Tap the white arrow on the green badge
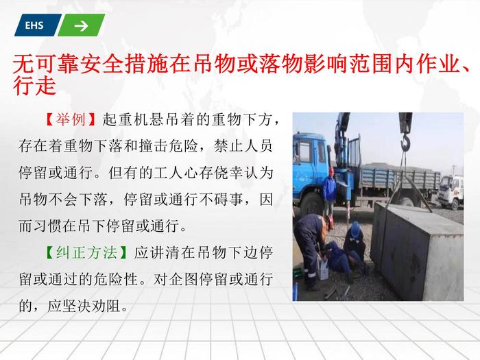pos(81,26)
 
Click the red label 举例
pos(71,119)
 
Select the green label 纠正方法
pos(86,253)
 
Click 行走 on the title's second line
pos(34,85)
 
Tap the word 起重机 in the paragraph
pos(125,119)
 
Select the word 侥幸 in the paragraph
pos(228,172)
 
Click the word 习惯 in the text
pos(48,226)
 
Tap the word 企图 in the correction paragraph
pos(183,280)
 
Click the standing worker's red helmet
pos(331,171)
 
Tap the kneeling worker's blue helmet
pos(355,229)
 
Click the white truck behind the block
pos(451,191)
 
